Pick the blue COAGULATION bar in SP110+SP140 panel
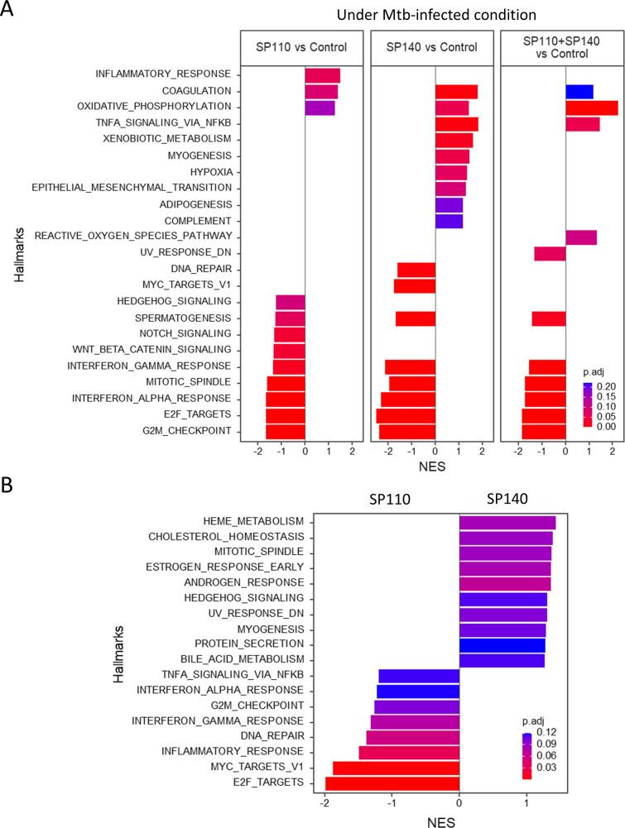click(579, 91)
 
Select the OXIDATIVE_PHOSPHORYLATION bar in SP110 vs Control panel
click(320, 108)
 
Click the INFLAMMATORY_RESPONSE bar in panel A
click(322, 75)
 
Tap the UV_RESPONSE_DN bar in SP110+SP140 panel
click(550, 253)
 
